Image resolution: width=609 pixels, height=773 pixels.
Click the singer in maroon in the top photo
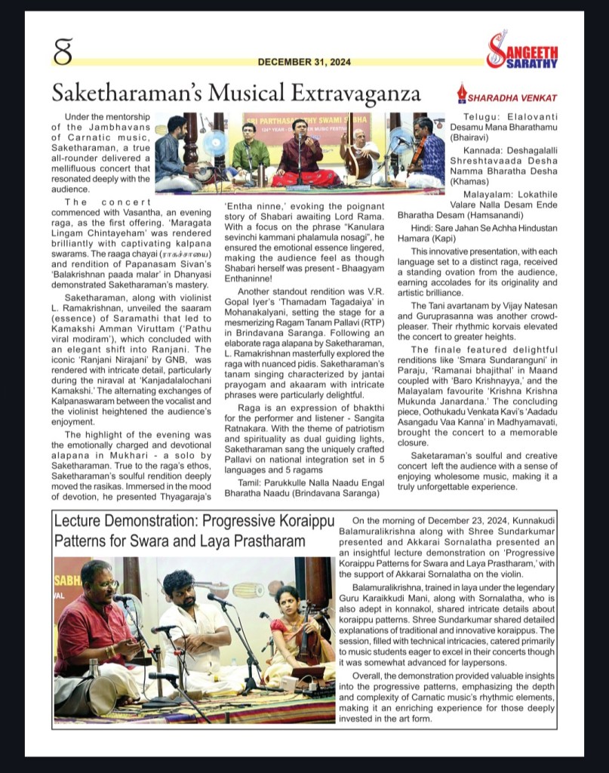(x=300, y=155)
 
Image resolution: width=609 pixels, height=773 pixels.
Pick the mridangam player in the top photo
(x=175, y=155)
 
